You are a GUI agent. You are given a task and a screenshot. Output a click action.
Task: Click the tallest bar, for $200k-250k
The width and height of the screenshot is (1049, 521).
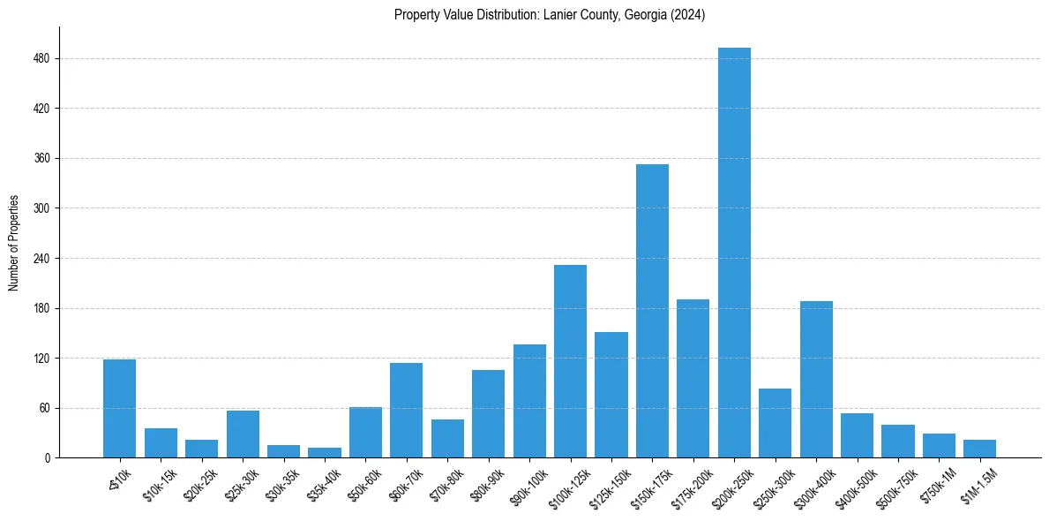pos(734,253)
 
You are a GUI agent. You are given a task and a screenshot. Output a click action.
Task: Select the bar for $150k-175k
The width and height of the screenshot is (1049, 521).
pos(652,311)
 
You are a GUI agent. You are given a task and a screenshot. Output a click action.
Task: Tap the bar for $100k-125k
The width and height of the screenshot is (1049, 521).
pos(570,362)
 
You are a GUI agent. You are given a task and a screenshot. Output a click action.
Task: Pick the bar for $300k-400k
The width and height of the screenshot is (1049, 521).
pos(816,380)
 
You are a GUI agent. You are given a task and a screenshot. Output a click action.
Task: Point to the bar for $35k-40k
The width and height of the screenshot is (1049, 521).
pos(325,453)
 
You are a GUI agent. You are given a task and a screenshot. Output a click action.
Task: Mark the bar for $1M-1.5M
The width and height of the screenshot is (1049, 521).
pos(979,449)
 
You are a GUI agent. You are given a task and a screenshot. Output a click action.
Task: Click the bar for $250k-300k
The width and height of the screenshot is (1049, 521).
pos(775,423)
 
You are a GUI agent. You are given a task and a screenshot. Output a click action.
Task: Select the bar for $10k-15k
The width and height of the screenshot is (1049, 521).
pos(161,443)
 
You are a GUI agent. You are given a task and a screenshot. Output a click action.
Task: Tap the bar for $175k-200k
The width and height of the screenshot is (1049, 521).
pos(693,378)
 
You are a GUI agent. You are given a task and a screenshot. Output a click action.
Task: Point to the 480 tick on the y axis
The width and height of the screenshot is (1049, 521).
pos(57,59)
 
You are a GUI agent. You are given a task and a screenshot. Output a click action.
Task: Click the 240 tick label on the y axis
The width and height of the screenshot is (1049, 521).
pos(46,259)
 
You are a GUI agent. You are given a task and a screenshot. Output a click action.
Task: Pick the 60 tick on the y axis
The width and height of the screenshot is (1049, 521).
pos(57,409)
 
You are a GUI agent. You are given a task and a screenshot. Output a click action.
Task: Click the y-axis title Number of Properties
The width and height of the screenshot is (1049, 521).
pos(12,243)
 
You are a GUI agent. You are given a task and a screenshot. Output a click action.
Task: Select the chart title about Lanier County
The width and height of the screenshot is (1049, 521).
pos(550,14)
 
